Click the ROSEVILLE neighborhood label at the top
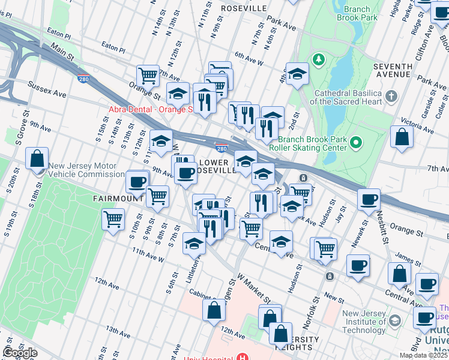tap(243, 8)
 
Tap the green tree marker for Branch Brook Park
tap(318, 59)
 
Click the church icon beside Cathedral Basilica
tap(391, 96)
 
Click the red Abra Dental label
tap(150, 109)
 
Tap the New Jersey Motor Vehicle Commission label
tap(86, 170)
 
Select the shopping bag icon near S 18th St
tap(37, 159)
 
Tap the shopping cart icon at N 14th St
tap(148, 75)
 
